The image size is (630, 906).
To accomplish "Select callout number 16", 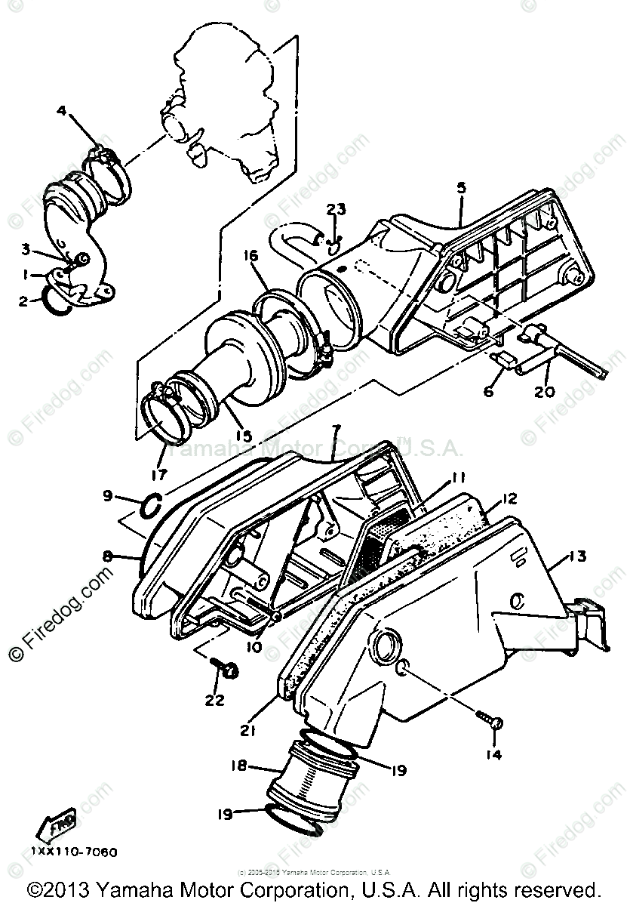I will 250,257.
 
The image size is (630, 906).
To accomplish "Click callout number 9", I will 108,496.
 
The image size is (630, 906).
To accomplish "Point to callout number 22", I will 214,700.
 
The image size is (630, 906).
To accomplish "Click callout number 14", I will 493,753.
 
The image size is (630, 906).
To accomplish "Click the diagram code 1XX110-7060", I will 75,852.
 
